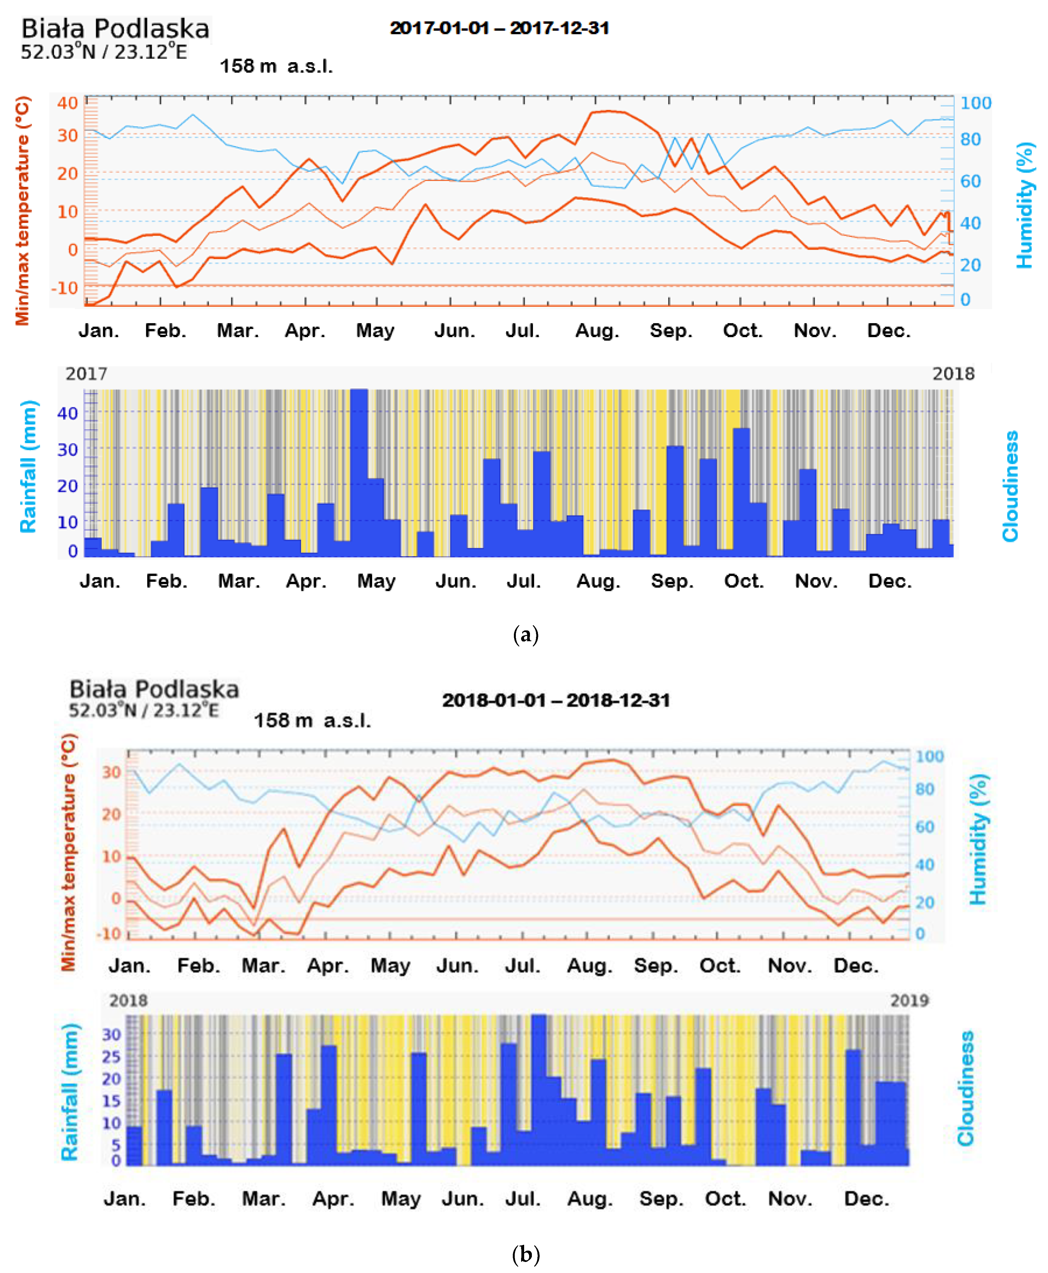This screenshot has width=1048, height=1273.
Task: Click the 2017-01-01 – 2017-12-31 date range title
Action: pyautogui.click(x=499, y=28)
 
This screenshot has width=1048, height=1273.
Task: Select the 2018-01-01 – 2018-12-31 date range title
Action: pyautogui.click(x=556, y=700)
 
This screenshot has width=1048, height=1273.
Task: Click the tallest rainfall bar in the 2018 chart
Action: pyautogui.click(x=539, y=1089)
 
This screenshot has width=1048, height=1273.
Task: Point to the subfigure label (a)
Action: pyautogui.click(x=525, y=634)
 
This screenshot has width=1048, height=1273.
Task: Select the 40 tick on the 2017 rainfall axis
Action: pyautogui.click(x=68, y=413)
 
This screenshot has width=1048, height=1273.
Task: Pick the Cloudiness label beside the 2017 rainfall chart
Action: pyautogui.click(x=1010, y=486)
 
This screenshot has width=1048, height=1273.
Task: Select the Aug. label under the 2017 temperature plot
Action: pyautogui.click(x=597, y=331)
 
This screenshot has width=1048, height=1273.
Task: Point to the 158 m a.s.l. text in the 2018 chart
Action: pyautogui.click(x=312, y=720)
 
